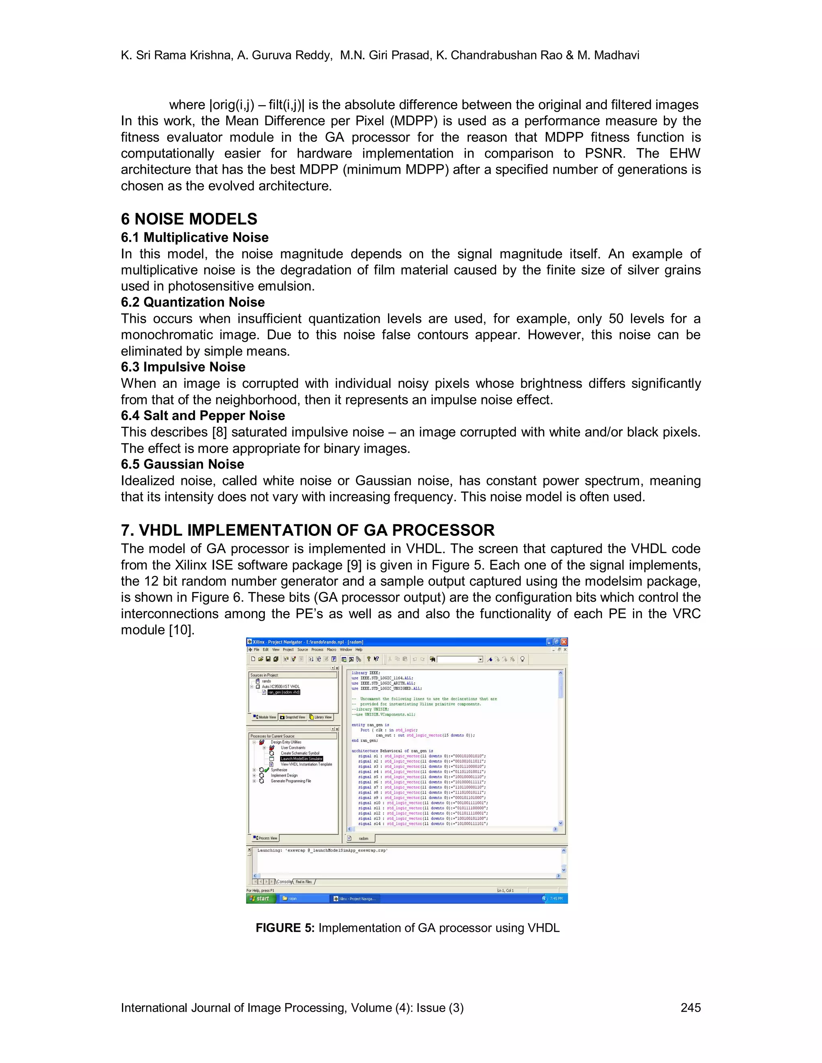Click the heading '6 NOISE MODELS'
pos(189,219)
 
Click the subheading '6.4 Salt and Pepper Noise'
pos(203,415)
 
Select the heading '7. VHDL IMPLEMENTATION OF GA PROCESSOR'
pos(307,529)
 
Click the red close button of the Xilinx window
pos(564,641)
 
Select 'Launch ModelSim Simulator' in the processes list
pos(301,758)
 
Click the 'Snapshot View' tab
pos(293,717)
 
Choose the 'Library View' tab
pos(321,717)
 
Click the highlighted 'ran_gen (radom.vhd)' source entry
pos(283,692)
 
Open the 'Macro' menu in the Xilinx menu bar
pos(332,649)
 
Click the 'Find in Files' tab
pos(304,881)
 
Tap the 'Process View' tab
pos(266,838)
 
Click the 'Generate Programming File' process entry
pos(291,781)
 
